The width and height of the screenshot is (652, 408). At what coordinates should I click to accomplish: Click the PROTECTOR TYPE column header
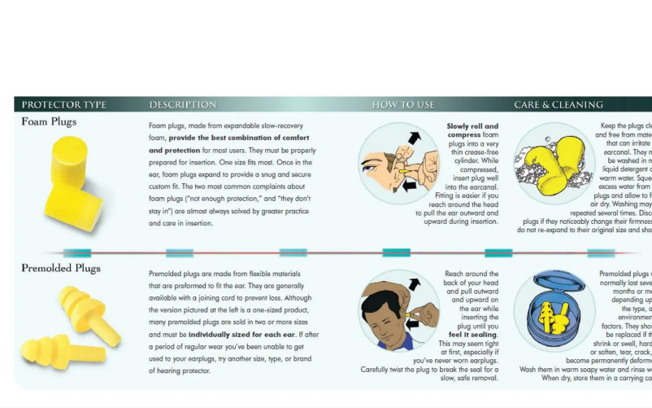coord(63,105)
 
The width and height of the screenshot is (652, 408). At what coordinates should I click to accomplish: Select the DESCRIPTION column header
coord(182,105)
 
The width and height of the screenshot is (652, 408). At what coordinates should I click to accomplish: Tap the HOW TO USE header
coord(403,105)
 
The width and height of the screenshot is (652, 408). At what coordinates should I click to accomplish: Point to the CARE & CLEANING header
coord(558,105)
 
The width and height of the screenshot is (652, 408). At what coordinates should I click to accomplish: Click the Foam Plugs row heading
coord(49,122)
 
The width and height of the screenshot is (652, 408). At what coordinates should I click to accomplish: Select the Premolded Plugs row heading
coord(62,269)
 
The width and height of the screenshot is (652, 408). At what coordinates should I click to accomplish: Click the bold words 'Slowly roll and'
coord(472,126)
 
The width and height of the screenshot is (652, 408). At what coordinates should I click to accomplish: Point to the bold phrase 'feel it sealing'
coord(473,335)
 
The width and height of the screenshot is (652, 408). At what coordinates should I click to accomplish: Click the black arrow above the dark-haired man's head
coord(414,284)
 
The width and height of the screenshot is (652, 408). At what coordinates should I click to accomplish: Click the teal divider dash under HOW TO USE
coord(396,252)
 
